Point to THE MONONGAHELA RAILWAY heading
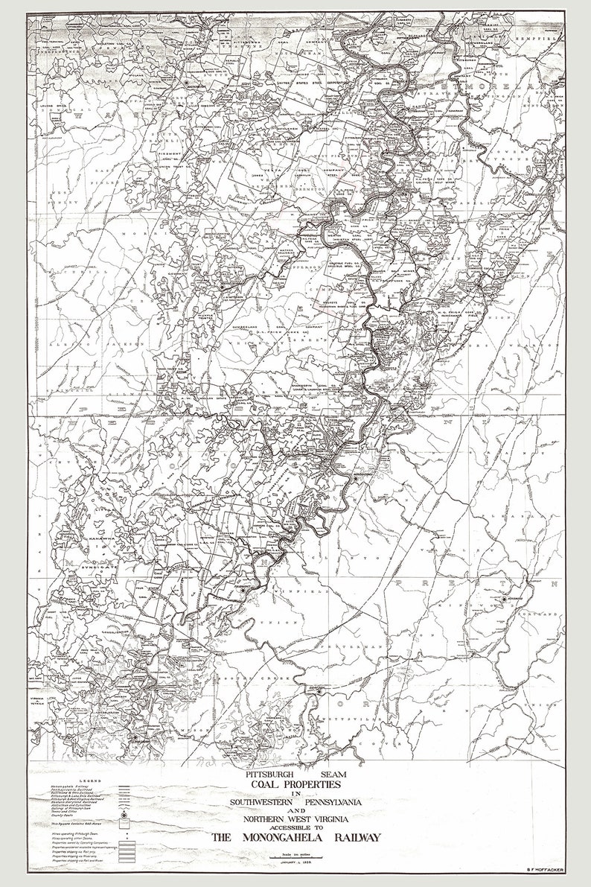point(295,838)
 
